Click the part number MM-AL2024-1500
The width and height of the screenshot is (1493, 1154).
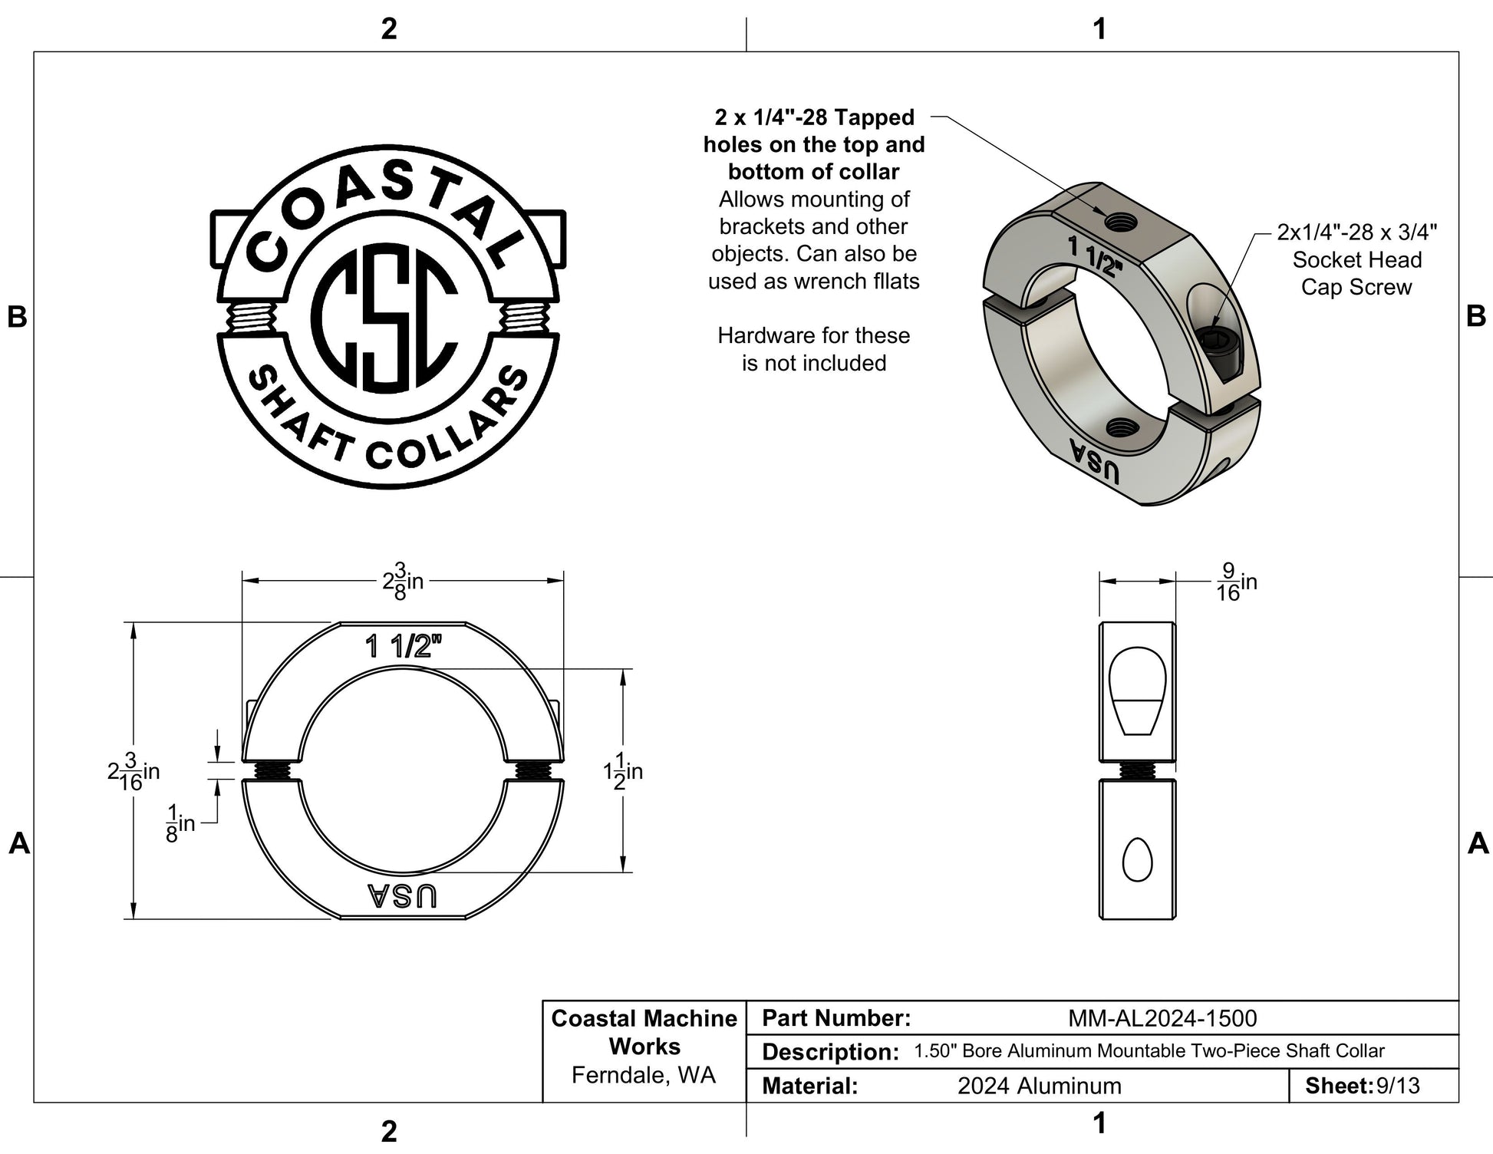tap(1162, 1018)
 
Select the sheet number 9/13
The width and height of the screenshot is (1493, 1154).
tap(1398, 1086)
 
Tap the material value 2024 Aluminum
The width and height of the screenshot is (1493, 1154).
tap(1040, 1086)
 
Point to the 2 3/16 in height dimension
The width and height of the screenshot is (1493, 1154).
tap(133, 771)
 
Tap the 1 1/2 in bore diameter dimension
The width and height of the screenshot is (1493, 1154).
tap(623, 771)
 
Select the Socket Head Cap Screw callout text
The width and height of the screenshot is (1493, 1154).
tap(1356, 259)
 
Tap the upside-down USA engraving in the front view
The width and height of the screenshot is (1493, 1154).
tap(402, 895)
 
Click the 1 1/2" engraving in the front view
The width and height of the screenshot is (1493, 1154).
tap(404, 646)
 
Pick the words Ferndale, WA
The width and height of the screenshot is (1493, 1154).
tap(644, 1075)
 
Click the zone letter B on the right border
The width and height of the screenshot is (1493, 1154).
tap(1476, 315)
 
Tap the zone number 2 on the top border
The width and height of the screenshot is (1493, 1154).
tap(389, 28)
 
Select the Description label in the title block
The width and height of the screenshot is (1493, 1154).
tap(830, 1052)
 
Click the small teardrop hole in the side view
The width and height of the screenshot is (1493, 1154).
tap(1137, 859)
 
